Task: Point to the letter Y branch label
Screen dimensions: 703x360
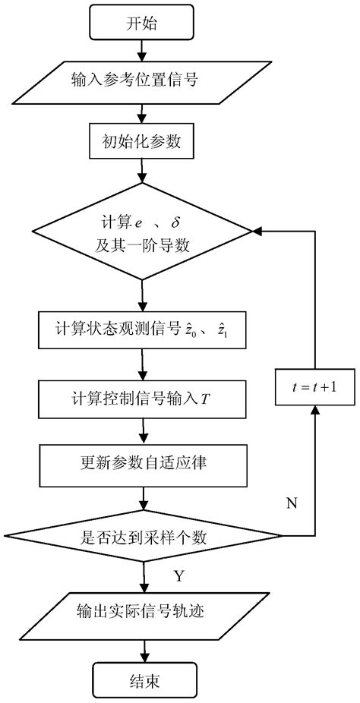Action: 178,576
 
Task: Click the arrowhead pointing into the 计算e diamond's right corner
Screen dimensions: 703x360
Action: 257,232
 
